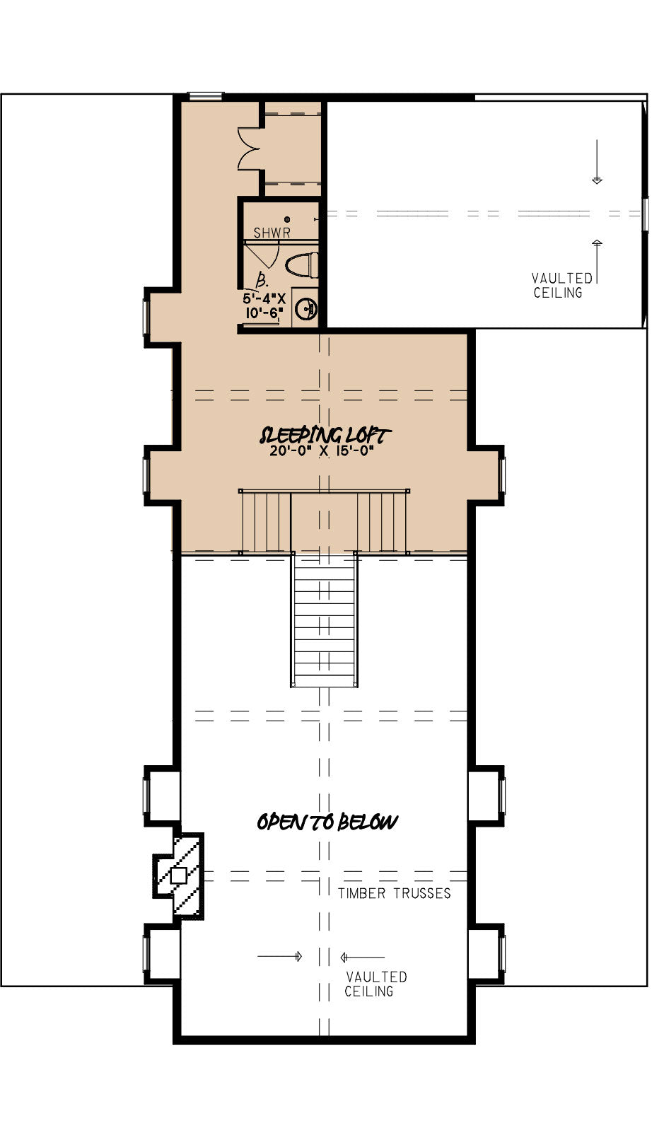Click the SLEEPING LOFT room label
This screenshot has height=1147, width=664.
point(325,435)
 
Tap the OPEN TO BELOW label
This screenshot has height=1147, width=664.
point(327,822)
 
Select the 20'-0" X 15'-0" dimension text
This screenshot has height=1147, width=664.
point(322,451)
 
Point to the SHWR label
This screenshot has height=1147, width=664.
point(272,232)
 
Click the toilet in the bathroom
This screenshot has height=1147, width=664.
point(302,265)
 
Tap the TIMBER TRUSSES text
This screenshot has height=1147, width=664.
point(394,893)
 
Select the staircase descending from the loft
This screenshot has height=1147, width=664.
point(324,619)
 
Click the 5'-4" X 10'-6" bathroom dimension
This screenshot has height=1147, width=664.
point(263,305)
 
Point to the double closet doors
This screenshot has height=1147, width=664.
point(250,149)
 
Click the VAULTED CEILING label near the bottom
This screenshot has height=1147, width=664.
point(375,984)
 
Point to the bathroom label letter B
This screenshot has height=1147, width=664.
point(262,278)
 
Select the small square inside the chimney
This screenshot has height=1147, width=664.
point(178,875)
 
